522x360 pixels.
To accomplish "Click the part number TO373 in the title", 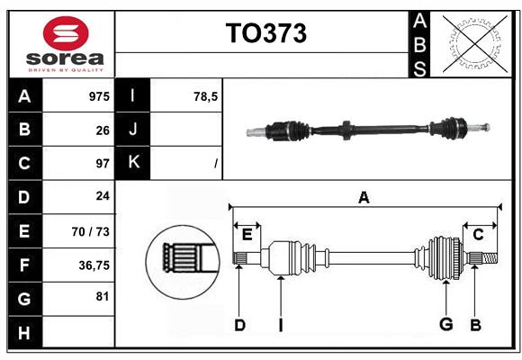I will coord(265,33).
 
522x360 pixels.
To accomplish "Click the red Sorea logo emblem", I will coord(66,34).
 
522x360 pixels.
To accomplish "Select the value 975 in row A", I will coord(98,95).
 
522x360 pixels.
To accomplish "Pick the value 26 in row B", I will coord(102,130).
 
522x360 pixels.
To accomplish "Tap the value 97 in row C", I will coord(102,164).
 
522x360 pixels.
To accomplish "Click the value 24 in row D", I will coord(102,196).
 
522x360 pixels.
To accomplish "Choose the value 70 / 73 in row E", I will coord(91,231).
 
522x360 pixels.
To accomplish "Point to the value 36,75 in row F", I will coord(94,265).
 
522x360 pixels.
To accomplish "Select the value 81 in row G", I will coord(102,296).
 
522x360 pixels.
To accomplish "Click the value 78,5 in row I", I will coord(206,95).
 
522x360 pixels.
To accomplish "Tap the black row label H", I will coord(23,332).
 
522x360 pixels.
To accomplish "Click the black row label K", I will coord(133,163).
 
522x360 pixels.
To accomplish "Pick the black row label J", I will coord(133,130).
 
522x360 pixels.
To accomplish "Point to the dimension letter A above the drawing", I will coord(364,198).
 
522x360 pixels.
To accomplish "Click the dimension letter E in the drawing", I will coord(247,234).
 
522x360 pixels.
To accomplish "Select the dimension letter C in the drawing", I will coord(478,234).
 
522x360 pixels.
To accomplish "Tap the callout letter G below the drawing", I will coord(445,325).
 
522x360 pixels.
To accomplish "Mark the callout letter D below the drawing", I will coord(239,325).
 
